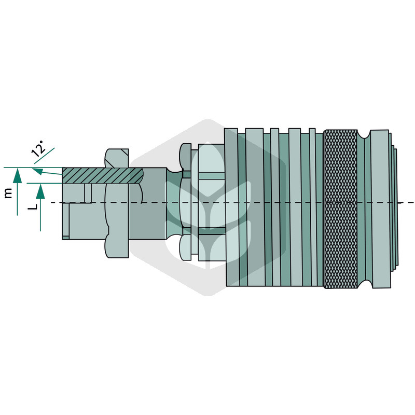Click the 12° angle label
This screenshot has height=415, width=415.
pos(38,148)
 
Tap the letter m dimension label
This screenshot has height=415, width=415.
pos(8,193)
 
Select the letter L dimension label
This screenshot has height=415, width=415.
pos(32,204)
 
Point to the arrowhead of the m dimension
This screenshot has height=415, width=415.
pos(18,175)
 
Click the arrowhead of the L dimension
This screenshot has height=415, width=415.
pos(40,191)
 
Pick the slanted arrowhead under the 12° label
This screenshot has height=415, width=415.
pos(37,171)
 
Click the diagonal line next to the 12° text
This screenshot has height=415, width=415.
pos(44,156)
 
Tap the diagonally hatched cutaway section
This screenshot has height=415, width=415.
pos(102,175)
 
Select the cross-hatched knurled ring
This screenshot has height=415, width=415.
pos(341,209)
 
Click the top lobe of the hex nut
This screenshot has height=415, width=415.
pos(117,158)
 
